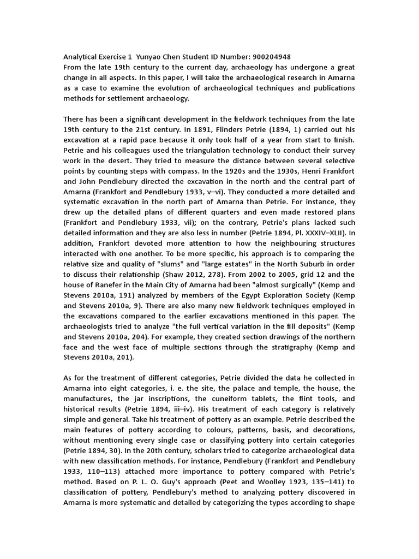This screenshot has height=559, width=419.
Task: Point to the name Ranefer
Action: [111, 284]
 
